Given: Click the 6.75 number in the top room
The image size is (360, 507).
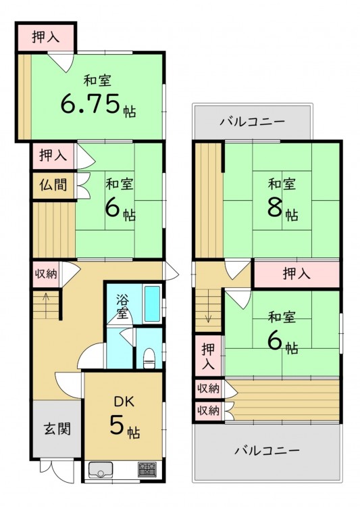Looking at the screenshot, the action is [91, 103].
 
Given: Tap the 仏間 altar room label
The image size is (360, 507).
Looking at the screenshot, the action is [53, 185].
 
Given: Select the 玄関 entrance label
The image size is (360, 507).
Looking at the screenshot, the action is [57, 429].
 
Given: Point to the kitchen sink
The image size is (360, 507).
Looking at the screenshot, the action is [101, 470].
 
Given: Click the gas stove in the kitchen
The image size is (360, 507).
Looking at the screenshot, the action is [148, 469].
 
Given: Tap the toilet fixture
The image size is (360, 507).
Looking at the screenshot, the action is [149, 358].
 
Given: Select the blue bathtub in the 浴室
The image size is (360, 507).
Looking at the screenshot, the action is [152, 304].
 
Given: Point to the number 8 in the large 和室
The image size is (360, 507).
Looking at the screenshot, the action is [274, 208].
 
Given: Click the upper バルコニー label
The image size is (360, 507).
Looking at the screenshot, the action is [253, 122].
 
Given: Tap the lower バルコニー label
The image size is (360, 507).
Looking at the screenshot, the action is [267, 450].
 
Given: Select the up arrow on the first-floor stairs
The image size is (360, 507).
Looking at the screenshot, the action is [46, 306].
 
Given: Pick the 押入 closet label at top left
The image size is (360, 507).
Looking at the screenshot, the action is [46, 37].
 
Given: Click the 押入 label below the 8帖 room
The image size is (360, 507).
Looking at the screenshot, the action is [297, 274].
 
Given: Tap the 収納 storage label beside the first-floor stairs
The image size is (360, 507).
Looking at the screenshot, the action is [46, 274].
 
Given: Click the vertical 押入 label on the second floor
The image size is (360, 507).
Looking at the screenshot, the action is [209, 356].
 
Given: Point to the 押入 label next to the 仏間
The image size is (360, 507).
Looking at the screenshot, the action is [53, 155].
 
